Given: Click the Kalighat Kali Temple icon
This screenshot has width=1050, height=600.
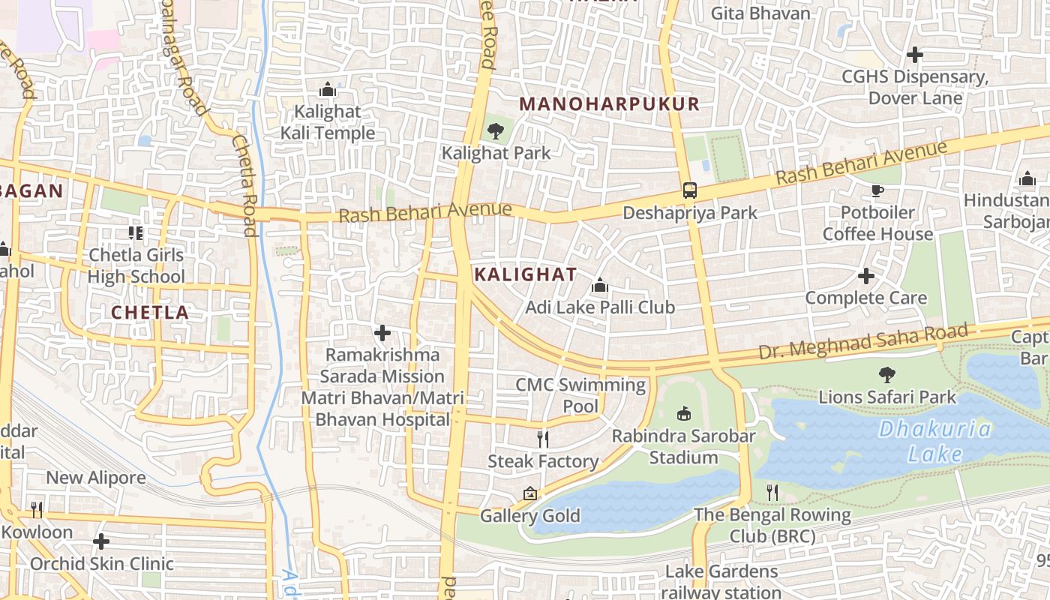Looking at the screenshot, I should tap(327, 90).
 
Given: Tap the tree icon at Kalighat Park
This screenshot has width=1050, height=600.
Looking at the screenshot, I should tap(495, 131).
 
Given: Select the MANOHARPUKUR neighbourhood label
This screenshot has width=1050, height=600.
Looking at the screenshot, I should tap(609, 104).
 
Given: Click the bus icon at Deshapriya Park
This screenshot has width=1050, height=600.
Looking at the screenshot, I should tap(690, 190).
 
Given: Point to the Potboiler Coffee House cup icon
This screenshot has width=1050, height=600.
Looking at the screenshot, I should tap(877, 190).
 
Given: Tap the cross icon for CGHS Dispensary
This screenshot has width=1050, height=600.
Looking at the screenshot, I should tap(914, 55).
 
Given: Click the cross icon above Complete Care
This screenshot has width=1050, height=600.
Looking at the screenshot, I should tap(866, 276).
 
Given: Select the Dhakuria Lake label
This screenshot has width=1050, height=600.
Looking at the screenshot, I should tap(935, 442).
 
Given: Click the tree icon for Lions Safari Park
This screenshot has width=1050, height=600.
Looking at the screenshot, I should tap(887, 374).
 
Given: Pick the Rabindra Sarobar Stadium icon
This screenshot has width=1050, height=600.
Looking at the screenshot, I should tap(683, 413).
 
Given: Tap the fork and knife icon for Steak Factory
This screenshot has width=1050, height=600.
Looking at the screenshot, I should tap(544, 439).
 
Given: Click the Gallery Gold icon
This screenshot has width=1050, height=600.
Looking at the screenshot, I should tap(530, 493).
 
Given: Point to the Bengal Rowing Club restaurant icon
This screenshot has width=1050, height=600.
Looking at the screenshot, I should tap(772, 493).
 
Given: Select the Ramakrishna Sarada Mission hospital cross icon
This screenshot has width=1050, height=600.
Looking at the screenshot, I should tap(382, 332).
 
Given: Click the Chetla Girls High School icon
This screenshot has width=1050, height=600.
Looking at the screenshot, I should tap(136, 233).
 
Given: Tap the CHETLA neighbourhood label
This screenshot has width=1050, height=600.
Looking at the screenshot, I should tap(150, 313).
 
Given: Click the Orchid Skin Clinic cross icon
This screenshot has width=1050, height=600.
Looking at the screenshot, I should tap(101, 541).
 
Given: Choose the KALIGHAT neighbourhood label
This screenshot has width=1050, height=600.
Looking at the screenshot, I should tap(526, 274).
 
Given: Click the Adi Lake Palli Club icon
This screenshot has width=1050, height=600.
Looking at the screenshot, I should tap(599, 285).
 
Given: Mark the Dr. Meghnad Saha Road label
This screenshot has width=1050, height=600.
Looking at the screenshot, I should tap(862, 342).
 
